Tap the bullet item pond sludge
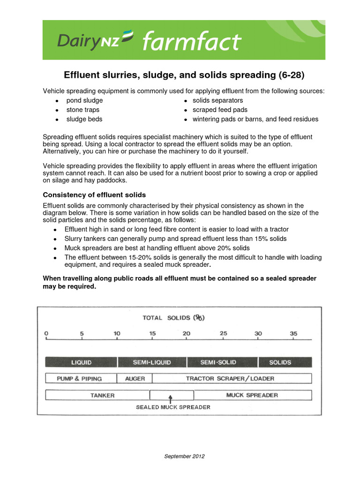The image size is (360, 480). (x=84, y=100)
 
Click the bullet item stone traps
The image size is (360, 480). (x=83, y=110)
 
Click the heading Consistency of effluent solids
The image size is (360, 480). (x=94, y=195)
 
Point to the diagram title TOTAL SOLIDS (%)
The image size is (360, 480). (x=174, y=317)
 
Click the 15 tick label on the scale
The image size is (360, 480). (x=152, y=334)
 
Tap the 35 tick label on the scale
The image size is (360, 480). (x=293, y=334)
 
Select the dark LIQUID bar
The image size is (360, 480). (x=81, y=362)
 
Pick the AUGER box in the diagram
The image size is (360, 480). (x=135, y=378)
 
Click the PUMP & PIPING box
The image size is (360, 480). (x=79, y=378)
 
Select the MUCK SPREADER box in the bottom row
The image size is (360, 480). (x=252, y=395)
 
